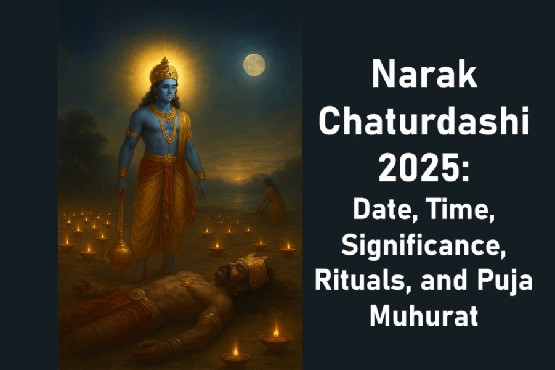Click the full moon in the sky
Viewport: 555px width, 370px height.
[254, 64]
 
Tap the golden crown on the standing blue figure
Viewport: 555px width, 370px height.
[164, 72]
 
